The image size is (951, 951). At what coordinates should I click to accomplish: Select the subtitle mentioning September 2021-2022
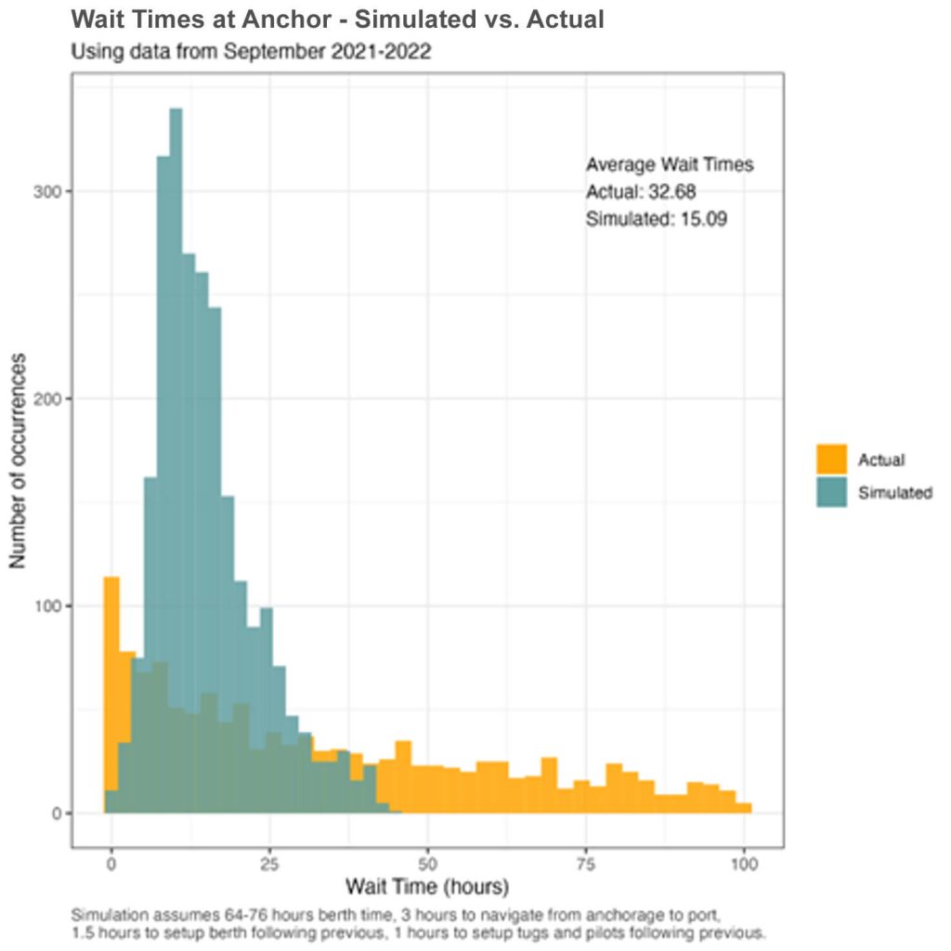pyautogui.click(x=251, y=51)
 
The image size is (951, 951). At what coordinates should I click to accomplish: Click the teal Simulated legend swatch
pyautogui.click(x=832, y=492)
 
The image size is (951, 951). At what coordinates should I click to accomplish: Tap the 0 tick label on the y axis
pyautogui.click(x=57, y=814)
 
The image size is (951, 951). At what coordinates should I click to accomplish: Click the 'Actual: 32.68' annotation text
pyautogui.click(x=641, y=192)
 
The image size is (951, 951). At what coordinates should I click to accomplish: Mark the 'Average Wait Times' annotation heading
pyautogui.click(x=669, y=165)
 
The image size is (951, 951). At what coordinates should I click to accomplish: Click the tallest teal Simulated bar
pyautogui.click(x=176, y=371)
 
